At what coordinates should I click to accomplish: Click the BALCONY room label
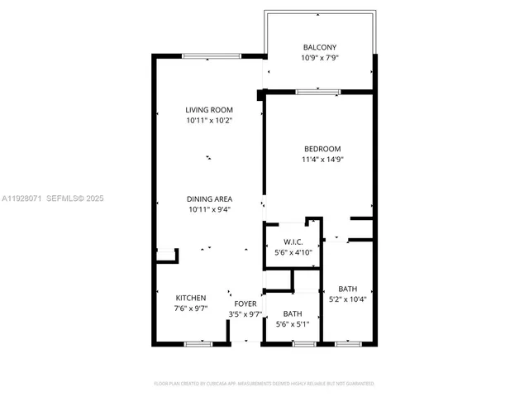pyautogui.click(x=319, y=47)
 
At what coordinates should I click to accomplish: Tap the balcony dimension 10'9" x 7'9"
pyautogui.click(x=319, y=59)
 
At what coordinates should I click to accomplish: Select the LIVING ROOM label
pyautogui.click(x=208, y=110)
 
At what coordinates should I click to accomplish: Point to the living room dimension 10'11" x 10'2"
pyautogui.click(x=208, y=121)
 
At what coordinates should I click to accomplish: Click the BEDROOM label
pyautogui.click(x=322, y=148)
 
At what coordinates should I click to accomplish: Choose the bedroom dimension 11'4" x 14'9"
pyautogui.click(x=322, y=160)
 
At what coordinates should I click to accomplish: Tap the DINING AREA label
pyautogui.click(x=209, y=198)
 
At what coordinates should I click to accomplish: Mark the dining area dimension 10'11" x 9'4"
pyautogui.click(x=209, y=209)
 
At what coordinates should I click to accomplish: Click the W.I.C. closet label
pyautogui.click(x=293, y=242)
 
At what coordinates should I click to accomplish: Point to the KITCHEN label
pyautogui.click(x=190, y=298)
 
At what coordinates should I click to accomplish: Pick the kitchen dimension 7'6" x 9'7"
pyautogui.click(x=190, y=309)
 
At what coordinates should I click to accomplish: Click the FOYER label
pyautogui.click(x=245, y=304)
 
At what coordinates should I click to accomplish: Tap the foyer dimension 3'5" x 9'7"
pyautogui.click(x=245, y=314)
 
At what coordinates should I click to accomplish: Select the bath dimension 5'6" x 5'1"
pyautogui.click(x=293, y=324)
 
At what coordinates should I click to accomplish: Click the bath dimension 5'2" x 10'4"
pyautogui.click(x=348, y=299)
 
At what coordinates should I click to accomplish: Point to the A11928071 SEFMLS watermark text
pyautogui.click(x=53, y=198)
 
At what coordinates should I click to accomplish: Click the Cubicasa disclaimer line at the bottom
pyautogui.click(x=264, y=384)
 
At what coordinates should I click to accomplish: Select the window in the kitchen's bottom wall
pyautogui.click(x=198, y=342)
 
